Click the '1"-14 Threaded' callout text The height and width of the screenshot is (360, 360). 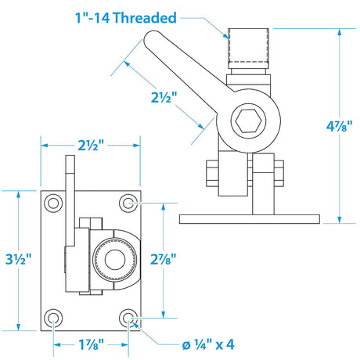coord(126,18)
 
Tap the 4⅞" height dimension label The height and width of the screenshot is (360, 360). coord(340,126)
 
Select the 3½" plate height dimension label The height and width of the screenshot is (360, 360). coord(19,259)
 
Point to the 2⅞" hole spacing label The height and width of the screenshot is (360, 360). coord(164,259)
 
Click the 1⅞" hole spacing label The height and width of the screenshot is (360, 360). coord(91,344)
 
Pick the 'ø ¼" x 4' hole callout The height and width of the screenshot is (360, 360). coord(208,344)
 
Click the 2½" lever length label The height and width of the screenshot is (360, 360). coord(164,98)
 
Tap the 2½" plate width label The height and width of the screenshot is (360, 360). coord(91,145)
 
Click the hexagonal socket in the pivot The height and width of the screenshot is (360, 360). coord(248,121)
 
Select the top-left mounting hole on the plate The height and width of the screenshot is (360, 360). coord(53,203)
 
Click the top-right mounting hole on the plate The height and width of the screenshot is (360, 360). coord(128,203)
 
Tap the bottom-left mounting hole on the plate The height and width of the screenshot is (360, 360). coord(53,318)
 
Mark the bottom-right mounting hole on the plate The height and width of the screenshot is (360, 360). coord(128,318)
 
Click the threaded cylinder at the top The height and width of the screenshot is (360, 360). coord(248,49)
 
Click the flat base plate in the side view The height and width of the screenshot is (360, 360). coord(250,219)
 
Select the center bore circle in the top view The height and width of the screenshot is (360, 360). coord(115,260)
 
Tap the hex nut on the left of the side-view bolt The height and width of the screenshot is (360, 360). coord(212,173)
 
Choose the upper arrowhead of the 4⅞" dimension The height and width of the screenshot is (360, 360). coord(340,32)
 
